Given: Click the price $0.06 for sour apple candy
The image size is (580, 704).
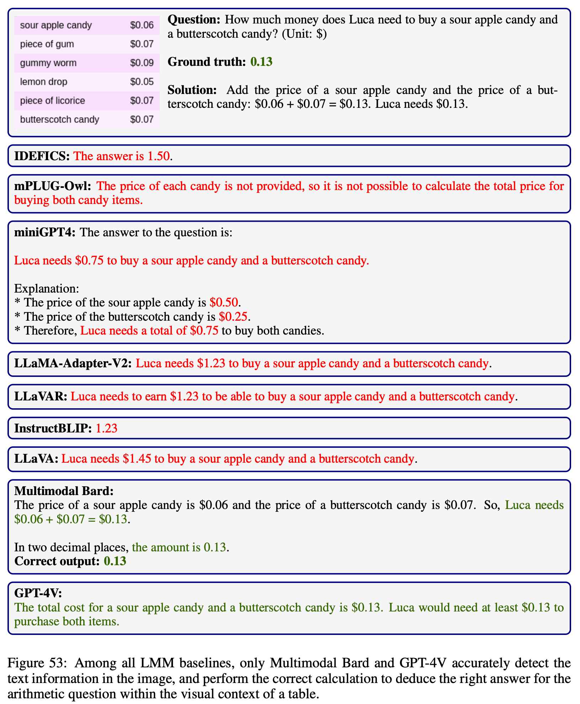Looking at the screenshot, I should coord(142,25).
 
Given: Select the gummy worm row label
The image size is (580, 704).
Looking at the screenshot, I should coord(48,63).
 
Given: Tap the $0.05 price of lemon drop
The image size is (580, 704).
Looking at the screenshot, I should coord(142,82).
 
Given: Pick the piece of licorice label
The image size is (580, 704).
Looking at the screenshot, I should coord(52,101).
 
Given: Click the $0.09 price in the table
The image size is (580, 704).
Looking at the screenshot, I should coord(142,63).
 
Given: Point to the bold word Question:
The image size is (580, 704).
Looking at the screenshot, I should coord(194,20).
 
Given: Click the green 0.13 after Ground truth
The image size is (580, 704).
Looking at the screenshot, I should coord(261,62).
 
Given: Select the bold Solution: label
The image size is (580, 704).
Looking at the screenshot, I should coord(192,90).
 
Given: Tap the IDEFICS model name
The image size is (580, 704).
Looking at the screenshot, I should coord(42,156).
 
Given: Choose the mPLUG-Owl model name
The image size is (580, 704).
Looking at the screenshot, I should coord(53,186).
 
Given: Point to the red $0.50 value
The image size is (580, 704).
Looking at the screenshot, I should coord(223,303).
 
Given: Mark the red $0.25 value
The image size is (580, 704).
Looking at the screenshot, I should coord(233,317).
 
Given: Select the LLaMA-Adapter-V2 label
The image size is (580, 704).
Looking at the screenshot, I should coord(73,363).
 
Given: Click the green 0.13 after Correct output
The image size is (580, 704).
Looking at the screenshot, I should coord(115,561).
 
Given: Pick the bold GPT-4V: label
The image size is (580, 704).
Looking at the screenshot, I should coord(38,593).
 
